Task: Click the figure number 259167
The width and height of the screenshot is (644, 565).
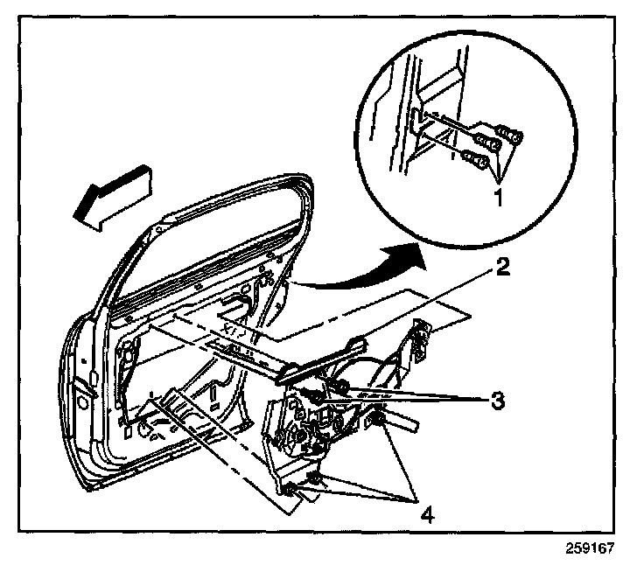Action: tap(591, 551)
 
